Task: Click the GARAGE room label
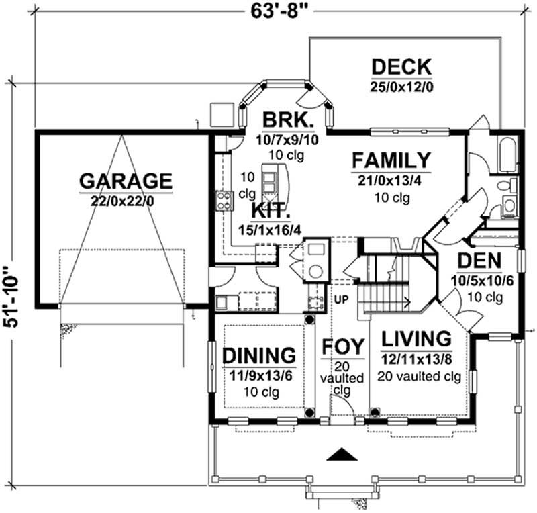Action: click(126, 181)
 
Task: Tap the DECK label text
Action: click(401, 68)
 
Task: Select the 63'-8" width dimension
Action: click(277, 12)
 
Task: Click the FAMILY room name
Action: click(391, 161)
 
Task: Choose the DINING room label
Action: click(259, 355)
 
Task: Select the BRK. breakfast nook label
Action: click(287, 122)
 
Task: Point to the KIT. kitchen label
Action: click(271, 210)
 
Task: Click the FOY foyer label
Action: click(343, 346)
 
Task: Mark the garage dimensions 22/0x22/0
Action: click(126, 199)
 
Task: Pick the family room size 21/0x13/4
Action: click(391, 180)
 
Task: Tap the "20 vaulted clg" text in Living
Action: click(419, 376)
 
